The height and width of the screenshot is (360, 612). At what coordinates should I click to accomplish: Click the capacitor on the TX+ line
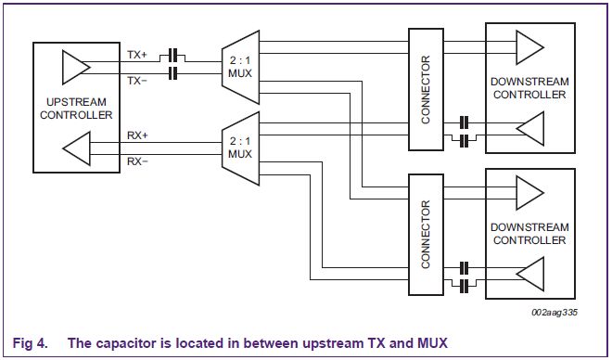[172, 57]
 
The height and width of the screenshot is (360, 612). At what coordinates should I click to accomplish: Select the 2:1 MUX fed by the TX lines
[238, 66]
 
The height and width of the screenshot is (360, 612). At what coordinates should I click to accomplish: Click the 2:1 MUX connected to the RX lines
[238, 147]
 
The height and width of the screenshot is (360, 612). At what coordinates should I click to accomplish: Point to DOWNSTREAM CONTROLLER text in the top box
[529, 88]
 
